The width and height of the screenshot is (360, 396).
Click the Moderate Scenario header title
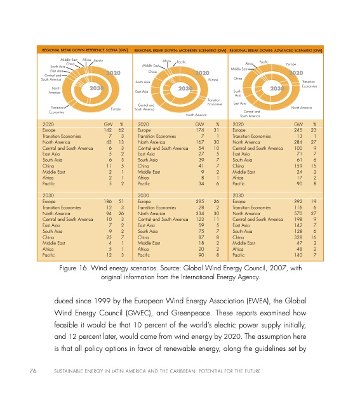pyautogui.click(x=180, y=49)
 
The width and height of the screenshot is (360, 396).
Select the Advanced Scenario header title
pyautogui.click(x=276, y=49)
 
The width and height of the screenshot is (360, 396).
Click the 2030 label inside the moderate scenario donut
pyautogui.click(x=186, y=89)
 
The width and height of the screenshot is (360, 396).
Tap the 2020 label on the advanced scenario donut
pyautogui.click(x=297, y=74)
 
